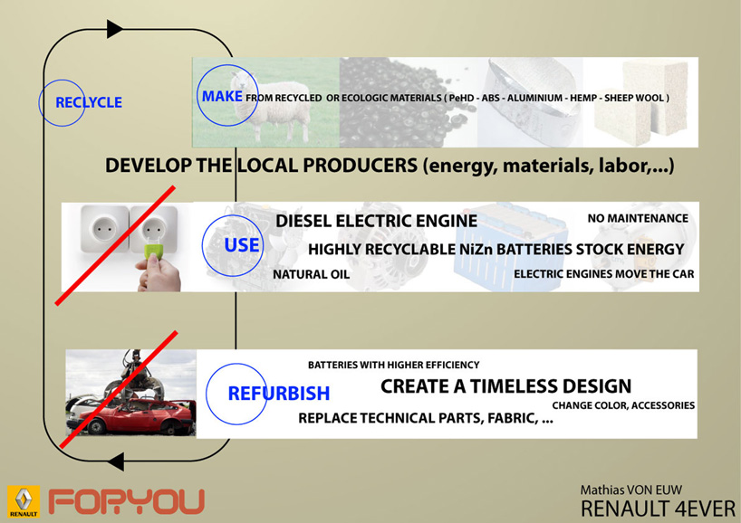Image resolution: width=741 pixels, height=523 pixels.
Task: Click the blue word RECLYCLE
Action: click(89, 102)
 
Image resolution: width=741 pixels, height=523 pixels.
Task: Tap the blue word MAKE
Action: click(222, 96)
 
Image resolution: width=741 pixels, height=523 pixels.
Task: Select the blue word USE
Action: click(242, 245)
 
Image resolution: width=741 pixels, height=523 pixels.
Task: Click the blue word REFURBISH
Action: click(279, 394)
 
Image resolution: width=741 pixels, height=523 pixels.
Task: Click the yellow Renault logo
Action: click(24, 501)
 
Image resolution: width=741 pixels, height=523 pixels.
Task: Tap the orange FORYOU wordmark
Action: click(127, 502)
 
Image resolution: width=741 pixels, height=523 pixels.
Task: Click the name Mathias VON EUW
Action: click(631, 490)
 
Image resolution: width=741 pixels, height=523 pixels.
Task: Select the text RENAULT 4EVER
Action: click(659, 509)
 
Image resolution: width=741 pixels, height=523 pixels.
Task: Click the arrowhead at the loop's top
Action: click(114, 29)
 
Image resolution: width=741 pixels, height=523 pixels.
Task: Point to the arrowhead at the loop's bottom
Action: click(116, 461)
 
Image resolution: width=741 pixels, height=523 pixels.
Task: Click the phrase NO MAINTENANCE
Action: click(638, 218)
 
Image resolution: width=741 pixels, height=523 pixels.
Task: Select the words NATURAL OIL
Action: click(311, 274)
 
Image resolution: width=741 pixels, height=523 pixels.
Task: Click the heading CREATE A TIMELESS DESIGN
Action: click(505, 386)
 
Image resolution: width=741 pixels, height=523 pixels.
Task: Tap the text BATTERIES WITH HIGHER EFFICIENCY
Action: click(394, 365)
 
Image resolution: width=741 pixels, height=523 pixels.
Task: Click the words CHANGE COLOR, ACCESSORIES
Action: click(623, 405)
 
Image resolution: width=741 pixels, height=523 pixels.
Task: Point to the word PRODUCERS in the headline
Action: click(361, 166)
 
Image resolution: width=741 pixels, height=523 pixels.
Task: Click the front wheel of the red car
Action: click(96, 426)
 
